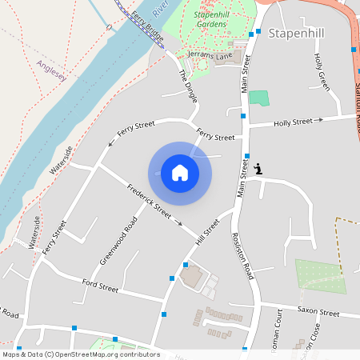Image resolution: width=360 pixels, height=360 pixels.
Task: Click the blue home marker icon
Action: click(180, 173)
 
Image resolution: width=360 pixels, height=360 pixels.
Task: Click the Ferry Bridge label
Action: click(147, 27)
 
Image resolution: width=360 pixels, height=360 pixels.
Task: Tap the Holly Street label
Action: click(293, 122)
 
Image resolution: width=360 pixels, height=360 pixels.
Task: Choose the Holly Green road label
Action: click(322, 72)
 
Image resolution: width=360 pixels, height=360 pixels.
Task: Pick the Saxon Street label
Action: click(318, 313)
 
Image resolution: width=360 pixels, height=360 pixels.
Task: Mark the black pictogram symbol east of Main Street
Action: click(258, 169)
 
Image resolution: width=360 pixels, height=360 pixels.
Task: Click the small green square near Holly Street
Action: click(258, 98)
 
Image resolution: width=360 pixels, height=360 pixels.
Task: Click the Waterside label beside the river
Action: click(61, 160)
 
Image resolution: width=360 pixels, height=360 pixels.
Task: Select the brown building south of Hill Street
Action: click(192, 278)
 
